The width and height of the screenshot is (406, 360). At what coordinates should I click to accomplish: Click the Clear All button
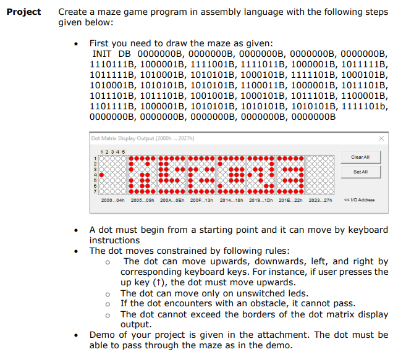(x=360, y=157)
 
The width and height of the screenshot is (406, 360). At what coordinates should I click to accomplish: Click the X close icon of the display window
(x=381, y=138)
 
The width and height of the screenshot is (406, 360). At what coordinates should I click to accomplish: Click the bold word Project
(x=24, y=12)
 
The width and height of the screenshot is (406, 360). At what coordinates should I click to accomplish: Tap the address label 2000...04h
(x=112, y=200)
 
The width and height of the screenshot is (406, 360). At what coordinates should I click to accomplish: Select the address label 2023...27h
(x=319, y=200)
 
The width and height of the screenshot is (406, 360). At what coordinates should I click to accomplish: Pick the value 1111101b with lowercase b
(x=365, y=106)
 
